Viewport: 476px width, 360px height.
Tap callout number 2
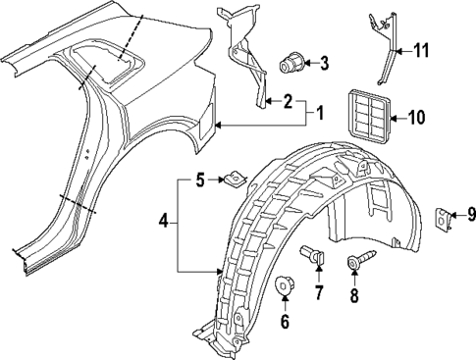pyautogui.click(x=288, y=100)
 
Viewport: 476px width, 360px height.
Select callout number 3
pyautogui.click(x=325, y=66)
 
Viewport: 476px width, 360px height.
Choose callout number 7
pyautogui.click(x=318, y=292)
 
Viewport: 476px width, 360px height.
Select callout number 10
pyautogui.click(x=416, y=119)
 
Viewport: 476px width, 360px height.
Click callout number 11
pyautogui.click(x=422, y=50)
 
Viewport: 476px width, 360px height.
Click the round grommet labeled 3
pyautogui.click(x=291, y=65)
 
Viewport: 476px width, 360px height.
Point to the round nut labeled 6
pyautogui.click(x=286, y=285)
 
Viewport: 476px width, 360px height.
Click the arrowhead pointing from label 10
pyautogui.click(x=392, y=119)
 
